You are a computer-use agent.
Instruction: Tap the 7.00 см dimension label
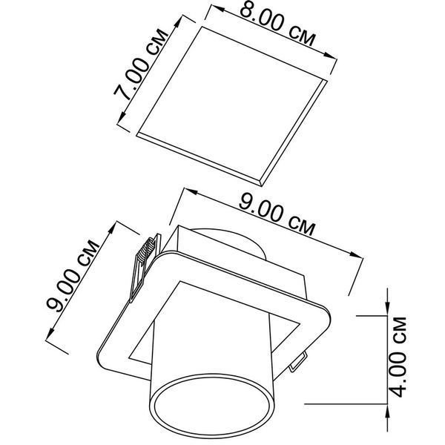click(x=142, y=65)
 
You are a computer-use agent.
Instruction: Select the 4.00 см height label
click(x=398, y=357)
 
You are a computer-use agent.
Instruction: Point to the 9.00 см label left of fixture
click(x=73, y=276)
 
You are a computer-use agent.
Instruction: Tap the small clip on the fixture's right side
click(x=298, y=361)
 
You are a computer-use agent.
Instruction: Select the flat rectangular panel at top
click(x=232, y=106)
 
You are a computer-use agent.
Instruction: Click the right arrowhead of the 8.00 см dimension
click(x=331, y=56)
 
